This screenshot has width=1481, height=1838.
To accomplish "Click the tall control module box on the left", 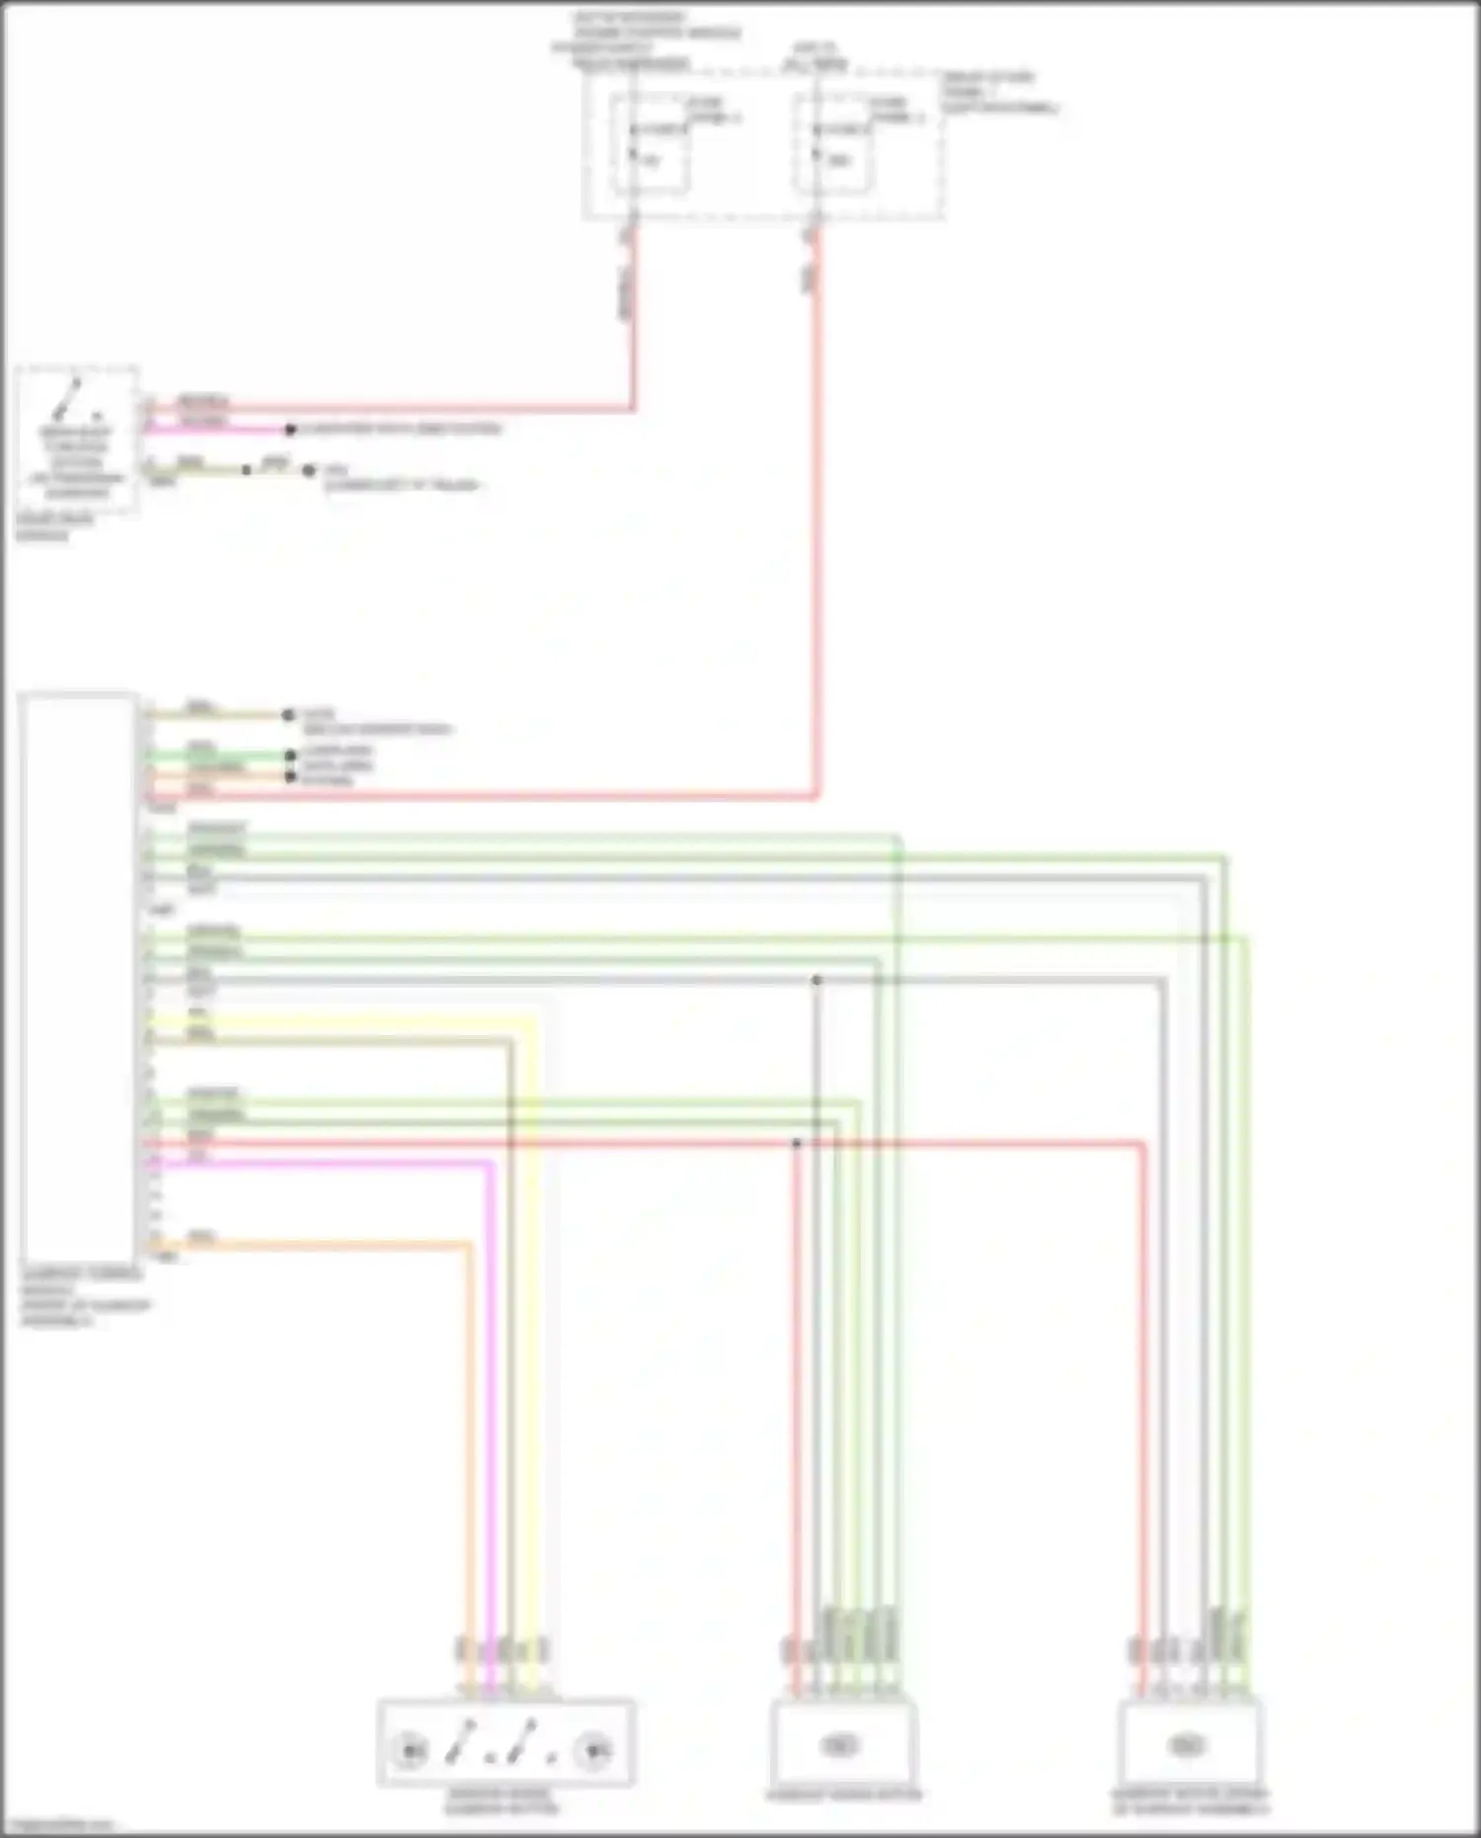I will (77, 978).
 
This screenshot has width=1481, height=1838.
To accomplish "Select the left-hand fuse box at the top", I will (649, 144).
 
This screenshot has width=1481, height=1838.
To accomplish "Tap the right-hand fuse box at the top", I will (832, 144).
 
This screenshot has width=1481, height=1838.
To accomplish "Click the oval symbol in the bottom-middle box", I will (840, 1746).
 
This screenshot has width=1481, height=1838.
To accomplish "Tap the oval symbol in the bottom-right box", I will (1187, 1746).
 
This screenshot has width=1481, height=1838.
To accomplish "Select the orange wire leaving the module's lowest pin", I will (469, 1432).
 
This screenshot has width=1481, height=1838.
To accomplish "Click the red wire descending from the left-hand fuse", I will (633, 326).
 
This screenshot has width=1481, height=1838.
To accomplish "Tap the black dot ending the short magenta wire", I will (290, 431).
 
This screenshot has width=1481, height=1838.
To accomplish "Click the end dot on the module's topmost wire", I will (288, 715).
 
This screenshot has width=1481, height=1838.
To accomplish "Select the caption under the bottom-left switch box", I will (502, 1801).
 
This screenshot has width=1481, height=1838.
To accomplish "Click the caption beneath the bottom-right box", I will (1190, 1801).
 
